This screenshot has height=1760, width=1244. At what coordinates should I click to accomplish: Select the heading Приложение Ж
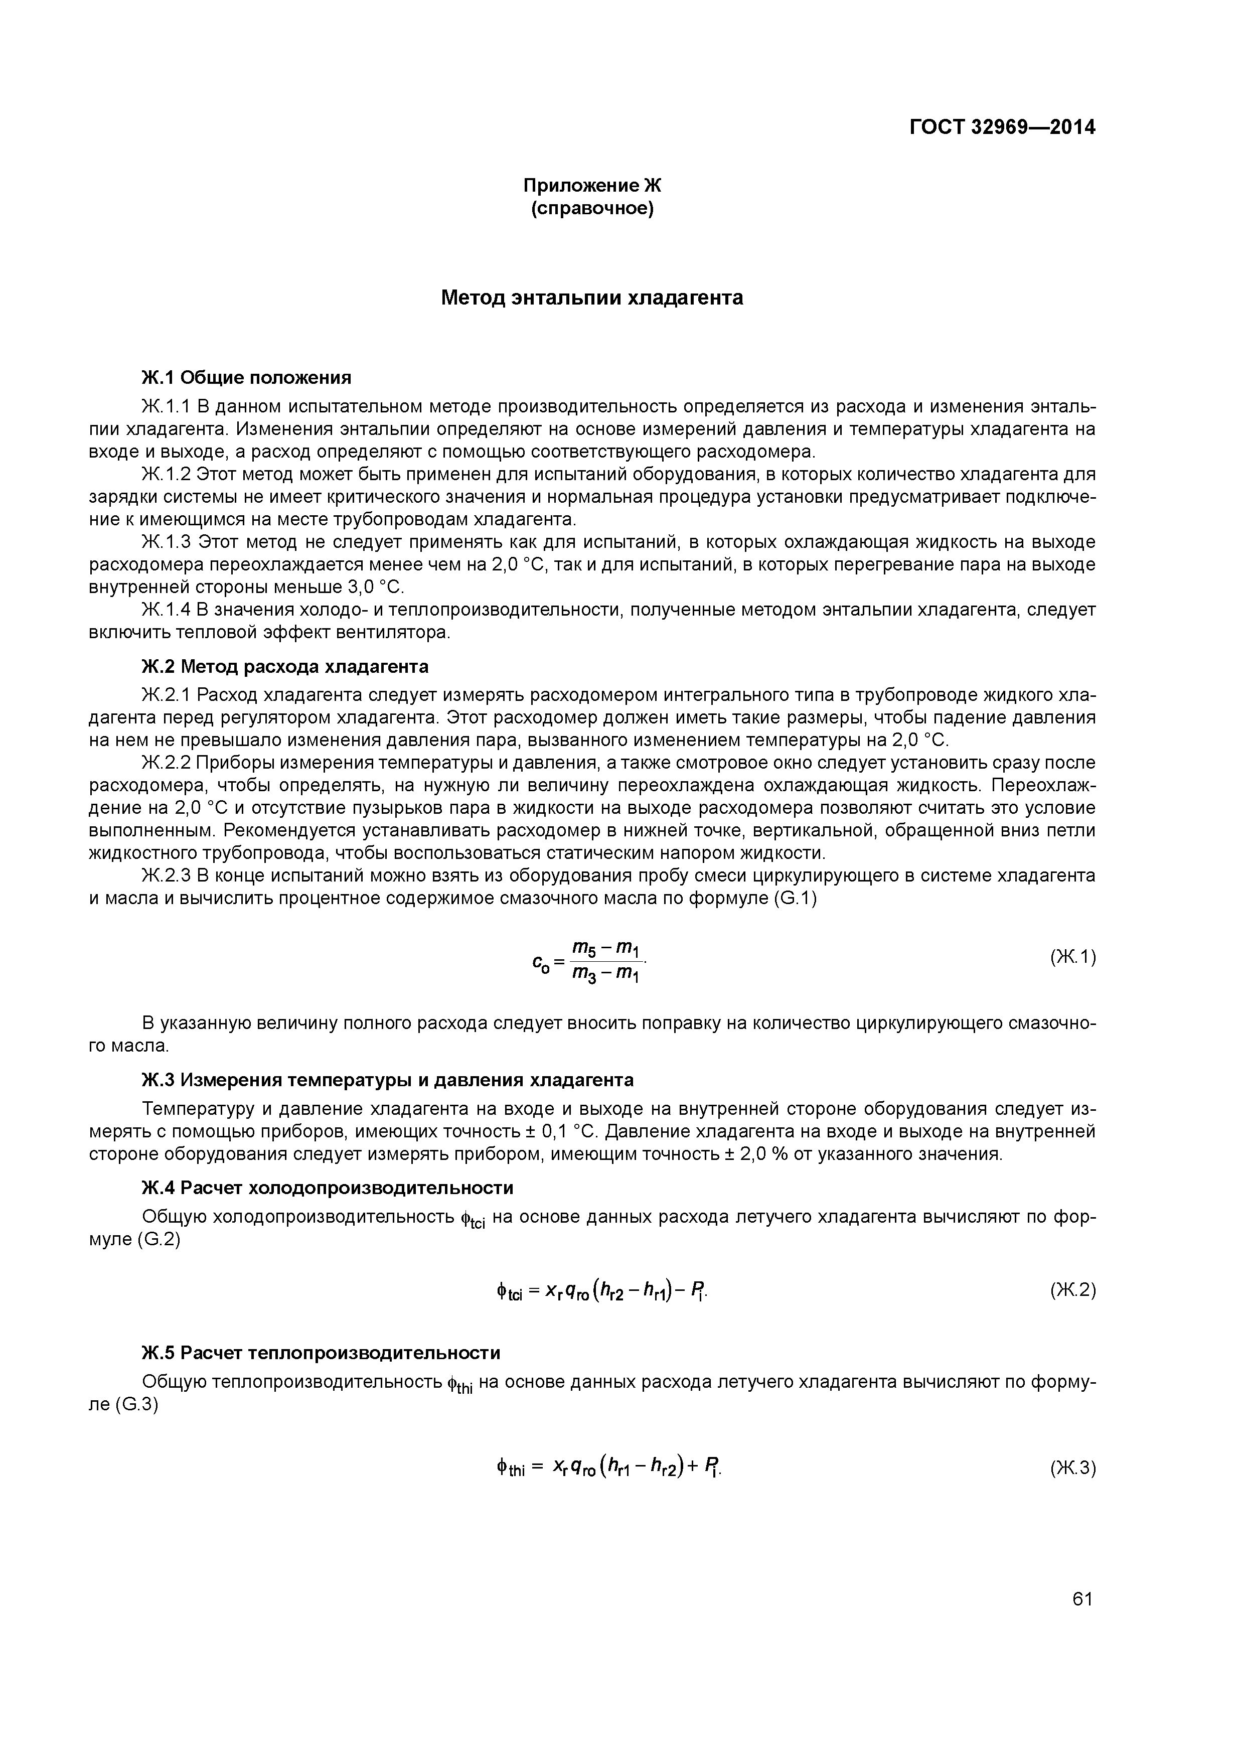click(592, 186)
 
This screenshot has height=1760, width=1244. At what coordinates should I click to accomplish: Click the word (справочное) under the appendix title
click(592, 209)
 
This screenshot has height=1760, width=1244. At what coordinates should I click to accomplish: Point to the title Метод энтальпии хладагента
click(592, 298)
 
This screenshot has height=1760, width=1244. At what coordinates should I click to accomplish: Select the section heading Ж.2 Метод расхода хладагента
click(284, 666)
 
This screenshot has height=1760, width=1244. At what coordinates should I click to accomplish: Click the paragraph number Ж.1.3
click(166, 543)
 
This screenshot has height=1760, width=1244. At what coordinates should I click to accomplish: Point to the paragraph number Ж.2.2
click(166, 763)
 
